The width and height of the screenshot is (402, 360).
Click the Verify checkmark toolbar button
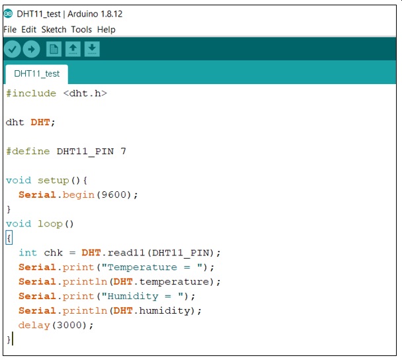click(13, 49)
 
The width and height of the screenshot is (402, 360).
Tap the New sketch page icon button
click(54, 49)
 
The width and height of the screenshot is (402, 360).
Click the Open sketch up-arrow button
click(73, 49)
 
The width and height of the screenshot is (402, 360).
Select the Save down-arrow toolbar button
click(92, 49)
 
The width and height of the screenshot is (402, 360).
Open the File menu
click(10, 30)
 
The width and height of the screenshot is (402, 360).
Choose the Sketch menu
click(54, 30)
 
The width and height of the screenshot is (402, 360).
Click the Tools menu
click(81, 30)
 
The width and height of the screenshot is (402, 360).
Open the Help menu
click(106, 30)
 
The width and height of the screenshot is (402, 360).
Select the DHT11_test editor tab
click(36, 74)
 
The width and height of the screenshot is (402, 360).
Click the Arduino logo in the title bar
click(8, 14)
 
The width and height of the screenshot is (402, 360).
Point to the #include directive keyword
click(31, 93)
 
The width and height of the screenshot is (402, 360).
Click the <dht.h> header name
click(85, 93)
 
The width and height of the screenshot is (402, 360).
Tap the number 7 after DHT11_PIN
click(124, 151)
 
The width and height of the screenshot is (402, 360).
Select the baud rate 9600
click(114, 195)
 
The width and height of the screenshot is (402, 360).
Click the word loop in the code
click(50, 224)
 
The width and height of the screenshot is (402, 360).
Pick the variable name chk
click(54, 253)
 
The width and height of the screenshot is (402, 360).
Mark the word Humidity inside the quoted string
click(133, 296)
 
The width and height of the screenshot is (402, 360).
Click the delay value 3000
click(69, 325)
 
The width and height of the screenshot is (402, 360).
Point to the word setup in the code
click(54, 181)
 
